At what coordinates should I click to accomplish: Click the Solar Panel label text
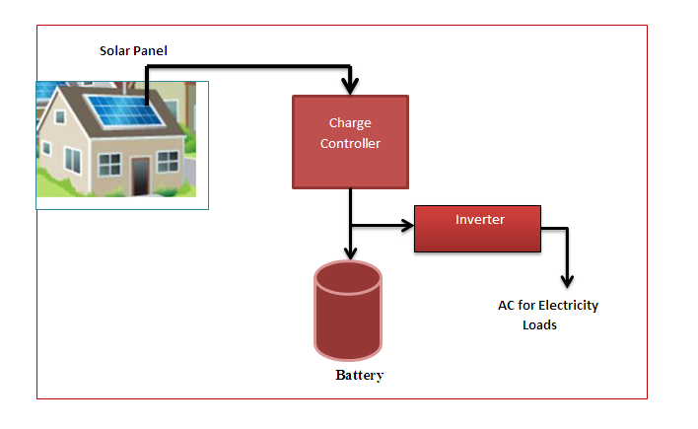[x=140, y=50]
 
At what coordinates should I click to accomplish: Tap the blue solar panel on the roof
[x=127, y=107]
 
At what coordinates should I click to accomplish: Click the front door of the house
[x=140, y=176]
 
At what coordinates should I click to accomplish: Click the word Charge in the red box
[x=350, y=123]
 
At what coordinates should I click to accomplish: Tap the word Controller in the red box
[x=350, y=144]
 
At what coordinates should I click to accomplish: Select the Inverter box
[x=477, y=229]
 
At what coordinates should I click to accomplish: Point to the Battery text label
[x=359, y=376]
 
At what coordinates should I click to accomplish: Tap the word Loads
[x=539, y=324]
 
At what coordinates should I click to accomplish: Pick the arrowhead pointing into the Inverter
[x=406, y=225]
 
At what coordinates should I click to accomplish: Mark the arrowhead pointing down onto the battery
[x=350, y=252]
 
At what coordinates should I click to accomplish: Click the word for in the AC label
[x=529, y=306]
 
